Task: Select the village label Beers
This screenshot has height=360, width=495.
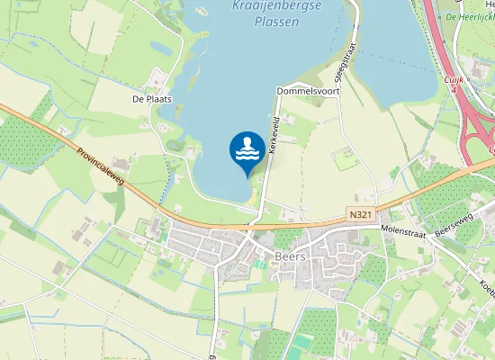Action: tap(291, 256)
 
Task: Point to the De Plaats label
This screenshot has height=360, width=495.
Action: tap(151, 99)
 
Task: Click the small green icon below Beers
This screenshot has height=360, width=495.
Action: tap(261, 264)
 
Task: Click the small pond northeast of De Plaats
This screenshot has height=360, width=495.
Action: tap(159, 47)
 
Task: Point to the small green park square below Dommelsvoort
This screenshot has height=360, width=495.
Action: tap(346, 159)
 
